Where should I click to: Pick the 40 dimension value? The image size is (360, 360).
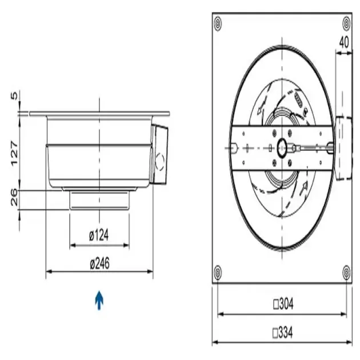[344, 42]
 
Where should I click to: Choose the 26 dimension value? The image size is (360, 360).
[15, 198]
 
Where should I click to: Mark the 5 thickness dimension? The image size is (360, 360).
[15, 96]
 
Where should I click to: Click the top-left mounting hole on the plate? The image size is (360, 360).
[217, 23]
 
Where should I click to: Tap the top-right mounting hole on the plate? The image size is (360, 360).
[346, 23]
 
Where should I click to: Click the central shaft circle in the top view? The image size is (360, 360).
[283, 147]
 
